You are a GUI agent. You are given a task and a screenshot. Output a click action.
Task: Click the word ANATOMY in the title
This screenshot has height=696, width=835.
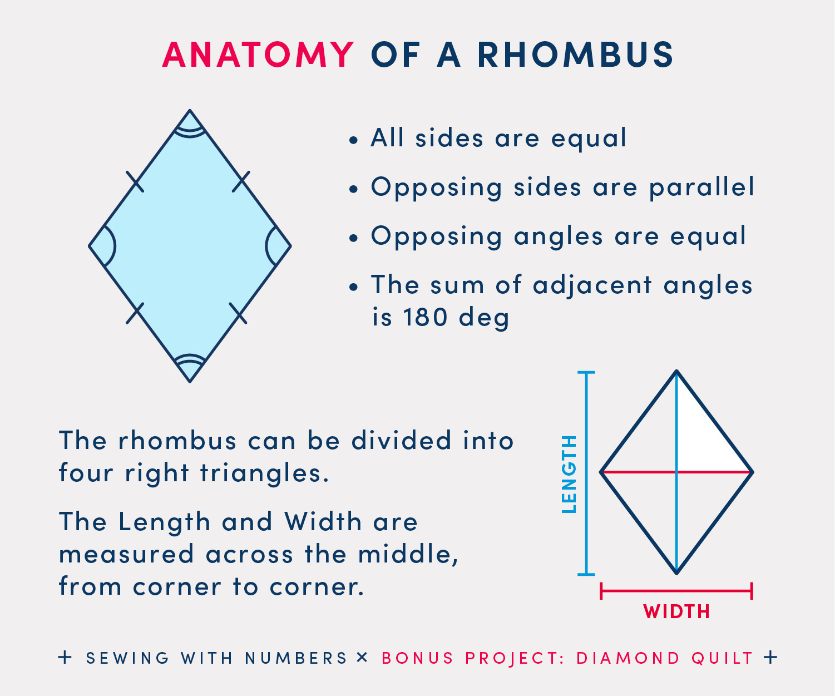258,55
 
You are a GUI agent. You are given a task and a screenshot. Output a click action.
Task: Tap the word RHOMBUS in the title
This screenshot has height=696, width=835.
575,55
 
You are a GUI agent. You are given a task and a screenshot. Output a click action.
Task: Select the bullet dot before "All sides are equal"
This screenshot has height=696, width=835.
353,141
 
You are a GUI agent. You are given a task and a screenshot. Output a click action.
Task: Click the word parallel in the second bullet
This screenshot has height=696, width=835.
701,187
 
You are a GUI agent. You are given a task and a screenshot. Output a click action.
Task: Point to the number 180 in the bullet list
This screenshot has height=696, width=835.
425,317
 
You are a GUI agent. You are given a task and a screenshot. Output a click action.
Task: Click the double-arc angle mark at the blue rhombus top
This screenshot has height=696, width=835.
190,131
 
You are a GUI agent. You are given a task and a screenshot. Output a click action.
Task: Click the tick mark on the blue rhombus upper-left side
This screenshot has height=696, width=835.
135,181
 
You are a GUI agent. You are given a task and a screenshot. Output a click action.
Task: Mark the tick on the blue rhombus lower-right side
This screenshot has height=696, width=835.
238,313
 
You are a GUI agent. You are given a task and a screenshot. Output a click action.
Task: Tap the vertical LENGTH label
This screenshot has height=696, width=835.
569,473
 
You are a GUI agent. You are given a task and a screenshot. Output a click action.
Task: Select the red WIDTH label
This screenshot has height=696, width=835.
676,611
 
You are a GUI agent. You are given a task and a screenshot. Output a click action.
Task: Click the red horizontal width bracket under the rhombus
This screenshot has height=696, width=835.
676,591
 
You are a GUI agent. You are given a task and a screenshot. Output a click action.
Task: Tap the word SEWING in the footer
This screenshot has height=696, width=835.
128,658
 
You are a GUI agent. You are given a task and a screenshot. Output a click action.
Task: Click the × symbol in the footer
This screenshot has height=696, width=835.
362,658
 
